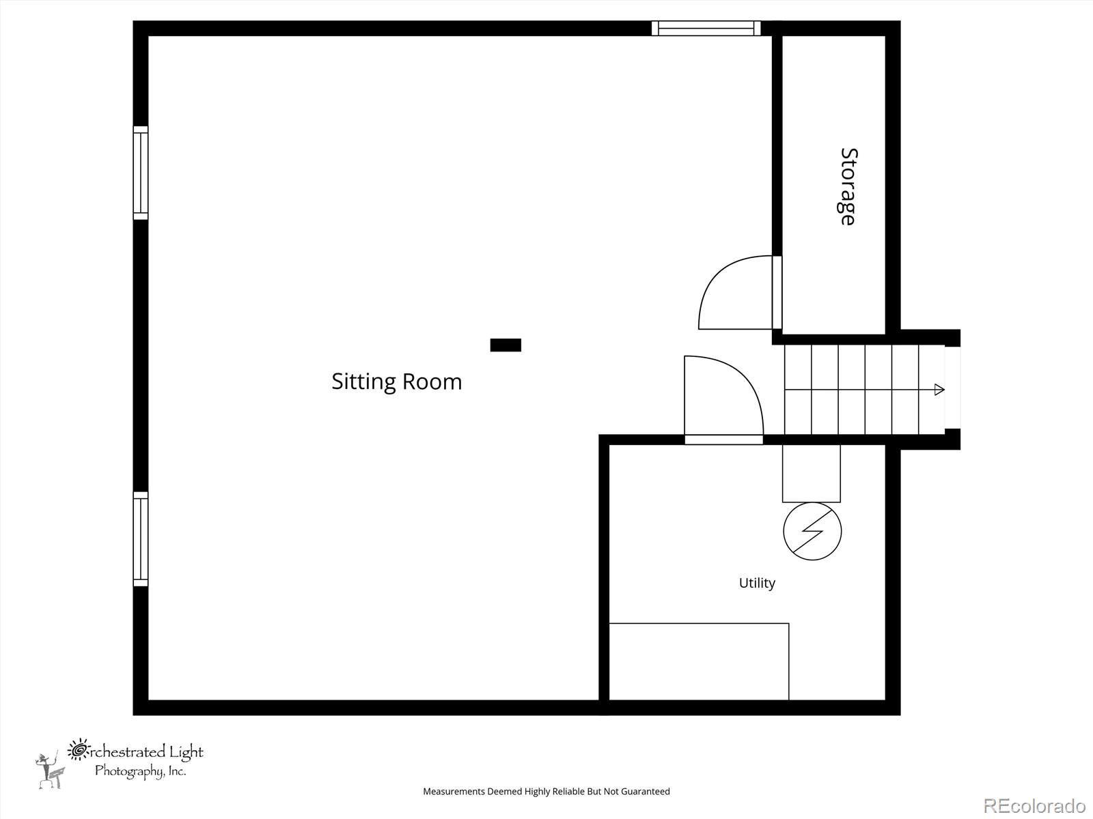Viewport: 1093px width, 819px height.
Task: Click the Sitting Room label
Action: (x=396, y=382)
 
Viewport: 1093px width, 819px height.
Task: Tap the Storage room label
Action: (x=848, y=186)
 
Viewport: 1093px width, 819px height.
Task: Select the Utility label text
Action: (x=757, y=583)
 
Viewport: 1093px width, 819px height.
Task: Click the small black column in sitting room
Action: (x=506, y=345)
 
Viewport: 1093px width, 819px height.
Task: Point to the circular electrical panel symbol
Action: (x=812, y=531)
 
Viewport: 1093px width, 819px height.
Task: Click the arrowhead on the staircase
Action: (x=939, y=390)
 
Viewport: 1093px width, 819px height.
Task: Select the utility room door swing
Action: (x=722, y=398)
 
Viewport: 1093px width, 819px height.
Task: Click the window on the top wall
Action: (x=706, y=28)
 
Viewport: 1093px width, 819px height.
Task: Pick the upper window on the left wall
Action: (x=140, y=173)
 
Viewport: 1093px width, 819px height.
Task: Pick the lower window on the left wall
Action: (x=140, y=538)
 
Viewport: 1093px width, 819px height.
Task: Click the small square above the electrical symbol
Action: (x=811, y=473)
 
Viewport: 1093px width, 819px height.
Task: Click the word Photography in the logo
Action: (x=128, y=771)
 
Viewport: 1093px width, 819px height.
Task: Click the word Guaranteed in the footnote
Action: (x=646, y=792)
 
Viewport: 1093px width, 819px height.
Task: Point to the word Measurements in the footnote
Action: (x=454, y=792)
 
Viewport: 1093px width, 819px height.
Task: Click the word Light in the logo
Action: (x=186, y=752)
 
